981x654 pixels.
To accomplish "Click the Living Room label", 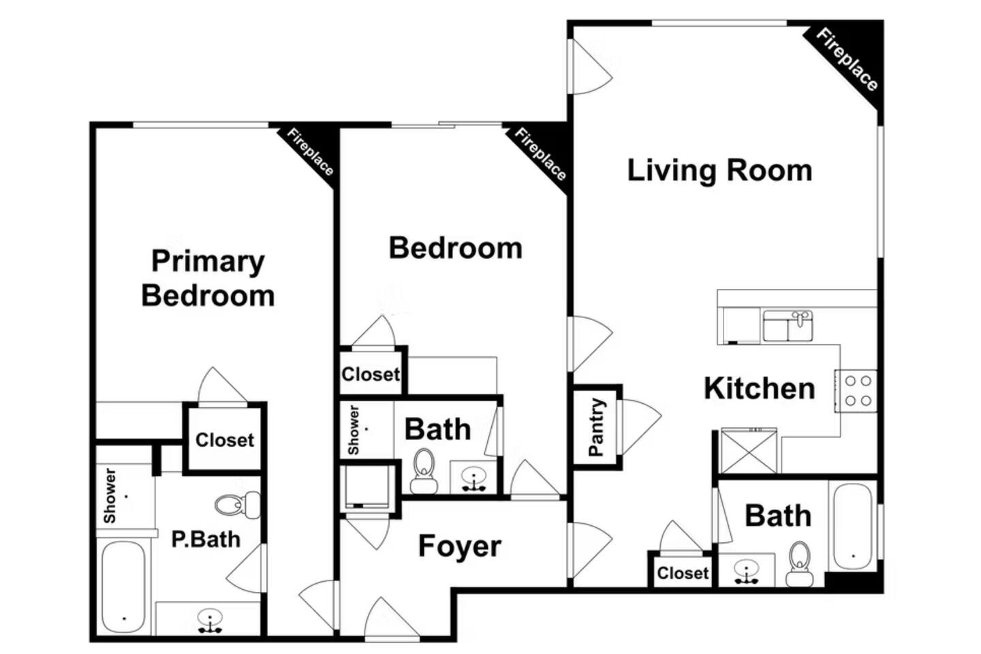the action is point(719,171).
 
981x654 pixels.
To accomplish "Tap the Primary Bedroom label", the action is point(208,279).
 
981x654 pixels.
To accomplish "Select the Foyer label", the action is point(459,546).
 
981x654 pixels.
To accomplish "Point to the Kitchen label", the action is point(759,388).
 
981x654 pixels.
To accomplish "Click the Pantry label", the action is point(597,428).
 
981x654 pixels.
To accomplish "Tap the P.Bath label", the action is point(206,540).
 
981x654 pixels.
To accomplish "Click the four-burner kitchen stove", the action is point(856,391).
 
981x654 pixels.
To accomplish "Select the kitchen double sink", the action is point(788,326).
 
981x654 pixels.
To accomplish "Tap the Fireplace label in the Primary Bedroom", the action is point(310,152).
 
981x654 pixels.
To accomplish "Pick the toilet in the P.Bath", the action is point(238,505).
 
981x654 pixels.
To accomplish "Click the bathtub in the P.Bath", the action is point(123,587).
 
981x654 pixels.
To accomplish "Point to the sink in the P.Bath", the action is point(210,621).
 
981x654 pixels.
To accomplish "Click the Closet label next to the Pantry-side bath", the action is point(683,573).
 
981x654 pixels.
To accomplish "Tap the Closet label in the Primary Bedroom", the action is point(225,440).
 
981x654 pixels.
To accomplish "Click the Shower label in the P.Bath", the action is point(110,496).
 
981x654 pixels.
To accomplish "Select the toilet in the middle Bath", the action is point(424,471).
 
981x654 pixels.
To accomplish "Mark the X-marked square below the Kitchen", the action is point(749,451).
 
